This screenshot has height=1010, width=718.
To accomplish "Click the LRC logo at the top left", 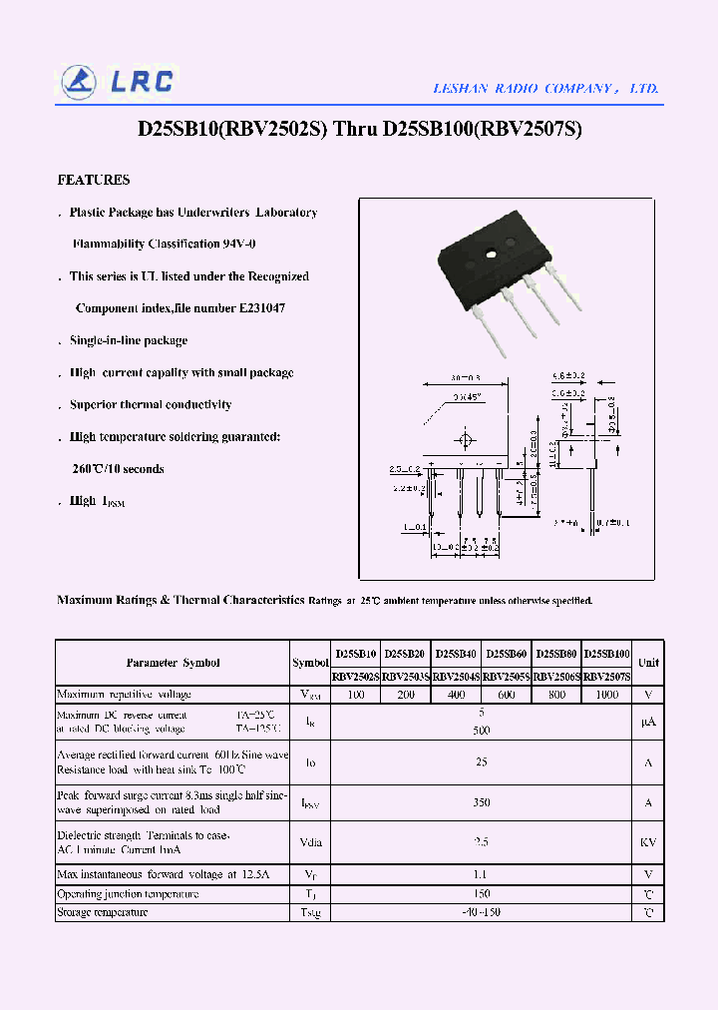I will (x=118, y=82).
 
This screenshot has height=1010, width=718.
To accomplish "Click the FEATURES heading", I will (x=94, y=181).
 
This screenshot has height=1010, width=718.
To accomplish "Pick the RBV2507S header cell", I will (x=607, y=677).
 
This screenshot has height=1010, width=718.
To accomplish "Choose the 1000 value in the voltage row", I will (x=607, y=695).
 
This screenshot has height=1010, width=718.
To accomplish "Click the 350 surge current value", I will (x=482, y=801).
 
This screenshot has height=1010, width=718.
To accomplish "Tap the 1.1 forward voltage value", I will (x=482, y=875).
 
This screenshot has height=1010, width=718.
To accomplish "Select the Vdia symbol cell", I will (x=310, y=841).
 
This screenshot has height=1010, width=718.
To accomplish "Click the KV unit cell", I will (x=648, y=841).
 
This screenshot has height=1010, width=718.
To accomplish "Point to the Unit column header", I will (x=648, y=663).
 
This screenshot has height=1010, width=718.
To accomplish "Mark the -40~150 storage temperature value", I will (x=482, y=912).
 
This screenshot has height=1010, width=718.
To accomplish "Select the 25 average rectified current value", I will (x=482, y=762).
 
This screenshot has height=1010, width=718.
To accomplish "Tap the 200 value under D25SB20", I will (x=406, y=695).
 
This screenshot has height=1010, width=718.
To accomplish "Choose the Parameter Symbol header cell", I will (x=173, y=663).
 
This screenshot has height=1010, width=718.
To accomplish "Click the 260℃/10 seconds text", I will (x=118, y=469).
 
